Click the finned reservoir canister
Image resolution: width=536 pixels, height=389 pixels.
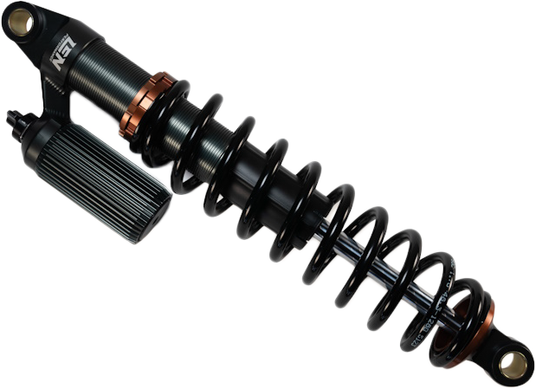click(x=113, y=182)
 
